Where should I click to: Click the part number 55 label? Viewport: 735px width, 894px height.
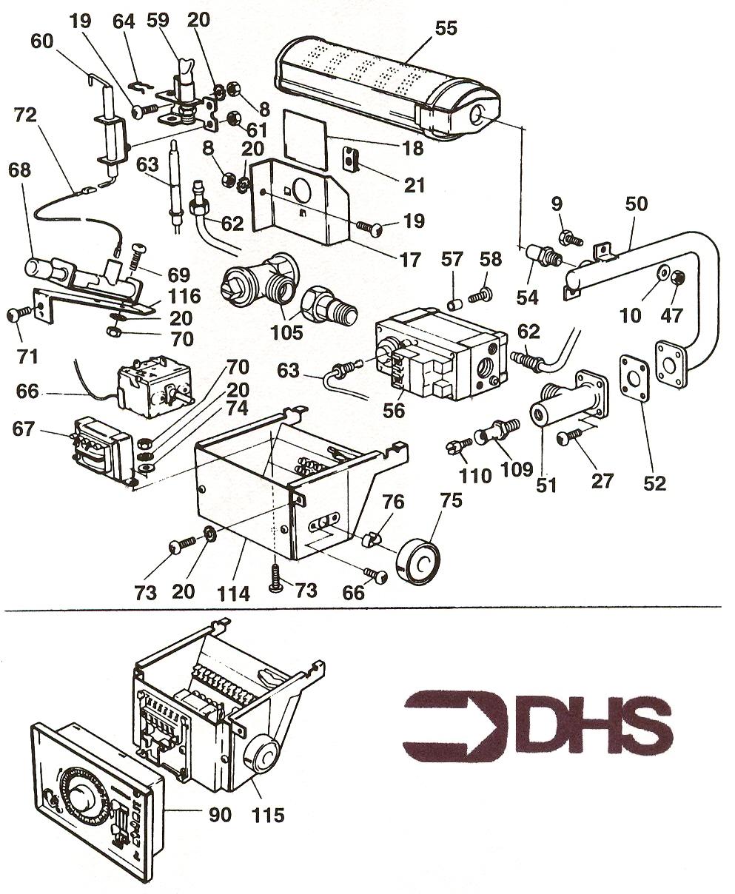click(x=446, y=28)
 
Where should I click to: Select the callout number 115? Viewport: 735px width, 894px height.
click(x=267, y=815)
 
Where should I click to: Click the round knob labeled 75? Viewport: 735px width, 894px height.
click(x=418, y=562)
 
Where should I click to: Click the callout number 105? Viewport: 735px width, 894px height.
click(x=287, y=332)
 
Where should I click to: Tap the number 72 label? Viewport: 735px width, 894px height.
click(x=25, y=115)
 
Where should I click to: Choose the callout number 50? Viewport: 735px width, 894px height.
click(x=637, y=204)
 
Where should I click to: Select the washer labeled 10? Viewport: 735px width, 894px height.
click(x=662, y=273)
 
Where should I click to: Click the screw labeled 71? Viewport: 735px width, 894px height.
click(x=19, y=315)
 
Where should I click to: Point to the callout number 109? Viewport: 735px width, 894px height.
click(x=517, y=468)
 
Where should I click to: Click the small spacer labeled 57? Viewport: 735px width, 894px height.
click(x=454, y=304)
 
